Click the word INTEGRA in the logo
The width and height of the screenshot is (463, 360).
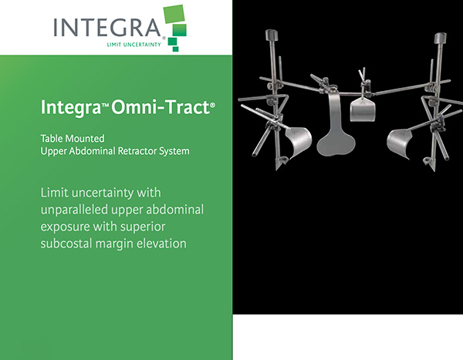[107, 27]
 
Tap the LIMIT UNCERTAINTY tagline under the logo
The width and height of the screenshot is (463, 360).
[133, 45]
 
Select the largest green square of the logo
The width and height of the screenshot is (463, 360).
[174, 14]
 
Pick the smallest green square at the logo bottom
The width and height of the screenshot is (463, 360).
[176, 49]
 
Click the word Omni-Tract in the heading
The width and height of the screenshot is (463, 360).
[161, 107]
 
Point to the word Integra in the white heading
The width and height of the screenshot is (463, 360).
[71, 108]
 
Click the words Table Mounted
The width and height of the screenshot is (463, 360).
[73, 139]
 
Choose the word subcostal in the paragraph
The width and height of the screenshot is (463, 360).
[66, 244]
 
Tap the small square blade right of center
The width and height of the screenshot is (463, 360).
[363, 109]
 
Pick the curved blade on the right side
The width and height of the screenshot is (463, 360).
[399, 143]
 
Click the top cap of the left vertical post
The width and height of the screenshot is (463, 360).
[272, 35]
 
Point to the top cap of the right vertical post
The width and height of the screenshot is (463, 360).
[440, 38]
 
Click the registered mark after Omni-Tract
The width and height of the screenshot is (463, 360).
[212, 105]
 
